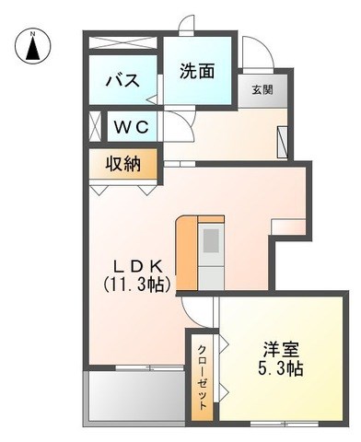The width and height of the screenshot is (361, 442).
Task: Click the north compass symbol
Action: click(33, 46)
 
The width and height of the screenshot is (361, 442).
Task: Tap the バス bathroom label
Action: click(122, 81)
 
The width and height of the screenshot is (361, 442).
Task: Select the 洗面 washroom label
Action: click(197, 71)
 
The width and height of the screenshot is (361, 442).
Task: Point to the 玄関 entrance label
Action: click(262, 90)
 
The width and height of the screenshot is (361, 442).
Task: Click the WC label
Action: click(132, 127)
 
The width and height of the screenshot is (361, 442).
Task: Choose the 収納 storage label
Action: click(123, 164)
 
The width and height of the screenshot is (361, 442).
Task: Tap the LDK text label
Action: click(137, 266)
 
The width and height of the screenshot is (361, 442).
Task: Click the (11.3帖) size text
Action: click(137, 284)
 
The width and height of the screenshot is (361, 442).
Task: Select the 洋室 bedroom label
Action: click(281, 350)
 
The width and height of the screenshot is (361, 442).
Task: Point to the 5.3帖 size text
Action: click(281, 368)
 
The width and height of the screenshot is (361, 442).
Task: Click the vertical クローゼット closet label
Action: click(202, 378)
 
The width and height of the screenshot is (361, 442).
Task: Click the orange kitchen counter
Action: click(186, 253)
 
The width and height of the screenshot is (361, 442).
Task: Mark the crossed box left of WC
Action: click(95, 126)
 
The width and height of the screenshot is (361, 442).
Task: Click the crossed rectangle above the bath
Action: click(122, 42)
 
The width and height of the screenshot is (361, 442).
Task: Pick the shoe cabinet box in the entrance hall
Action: click(282, 142)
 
